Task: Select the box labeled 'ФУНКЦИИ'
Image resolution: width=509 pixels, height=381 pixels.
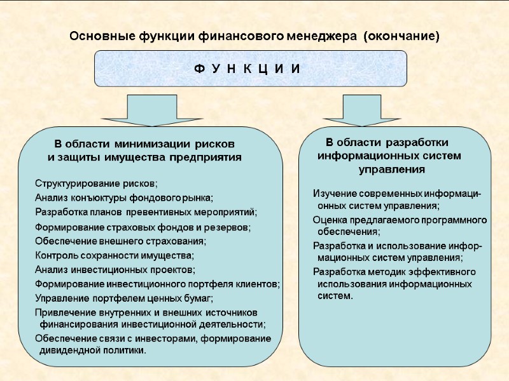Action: pos(251,68)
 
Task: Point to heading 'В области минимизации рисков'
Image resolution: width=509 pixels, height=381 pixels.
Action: pos(144,144)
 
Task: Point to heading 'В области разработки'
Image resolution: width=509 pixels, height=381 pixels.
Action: pos(387,141)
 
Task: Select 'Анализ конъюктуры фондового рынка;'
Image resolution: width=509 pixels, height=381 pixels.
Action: pos(124,197)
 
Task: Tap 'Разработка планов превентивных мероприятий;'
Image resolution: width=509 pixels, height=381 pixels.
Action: pos(147,211)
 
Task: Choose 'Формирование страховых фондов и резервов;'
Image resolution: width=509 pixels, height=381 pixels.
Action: pos(143,227)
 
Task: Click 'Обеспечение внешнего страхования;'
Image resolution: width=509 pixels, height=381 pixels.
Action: pos(121,241)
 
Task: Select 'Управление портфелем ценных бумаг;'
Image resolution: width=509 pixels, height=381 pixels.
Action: pos(124,297)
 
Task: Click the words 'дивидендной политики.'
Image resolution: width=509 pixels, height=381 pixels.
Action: pos(93,350)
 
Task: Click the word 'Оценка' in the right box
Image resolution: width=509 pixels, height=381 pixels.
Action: pos(328,220)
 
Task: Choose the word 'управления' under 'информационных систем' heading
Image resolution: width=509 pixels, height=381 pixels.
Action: pos(392,170)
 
